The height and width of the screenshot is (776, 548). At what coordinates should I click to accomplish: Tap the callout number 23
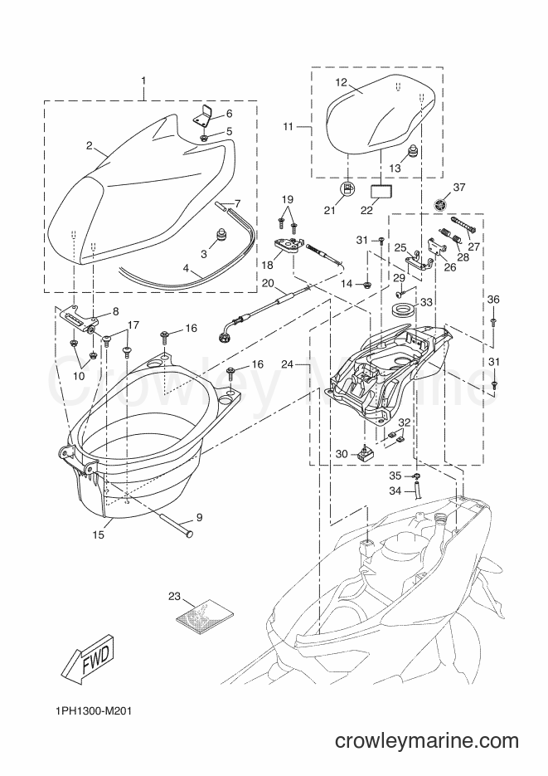click(174, 597)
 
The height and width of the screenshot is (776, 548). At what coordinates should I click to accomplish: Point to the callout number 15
click(99, 535)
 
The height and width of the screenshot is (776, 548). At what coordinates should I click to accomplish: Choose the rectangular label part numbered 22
click(381, 191)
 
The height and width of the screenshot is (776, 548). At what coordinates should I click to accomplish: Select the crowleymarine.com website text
click(427, 741)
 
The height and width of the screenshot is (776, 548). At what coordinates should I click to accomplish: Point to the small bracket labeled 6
click(202, 117)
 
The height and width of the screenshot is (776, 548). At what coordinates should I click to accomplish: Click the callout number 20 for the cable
click(267, 283)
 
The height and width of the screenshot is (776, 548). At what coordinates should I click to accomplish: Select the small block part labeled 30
click(365, 451)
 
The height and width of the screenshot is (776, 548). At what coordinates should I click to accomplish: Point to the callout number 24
click(288, 364)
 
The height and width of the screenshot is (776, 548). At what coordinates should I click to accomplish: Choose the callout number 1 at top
click(143, 81)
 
